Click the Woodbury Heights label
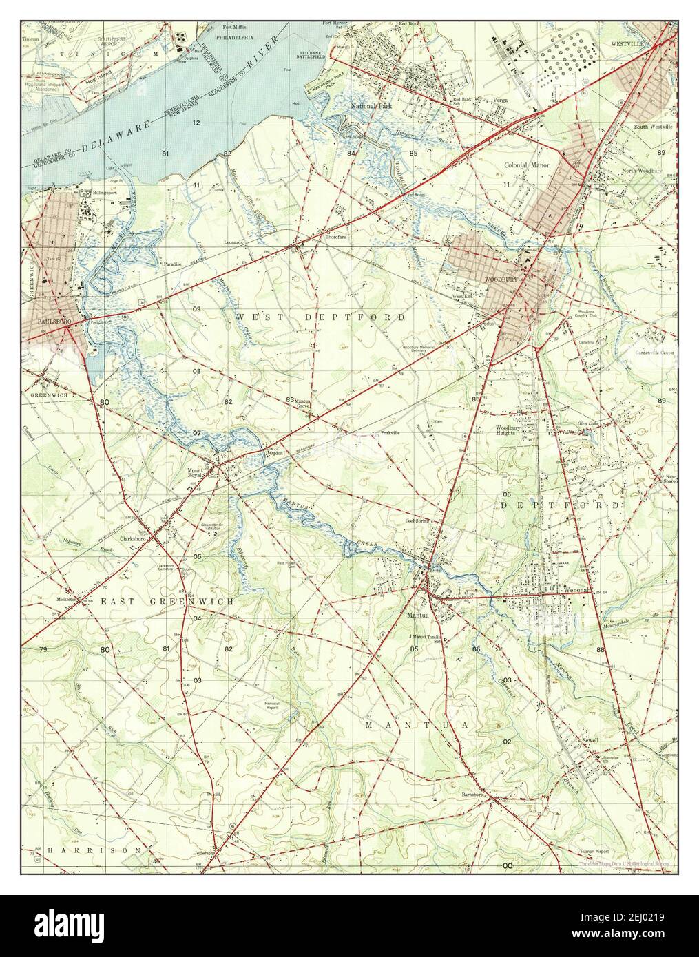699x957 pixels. click(509, 431)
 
